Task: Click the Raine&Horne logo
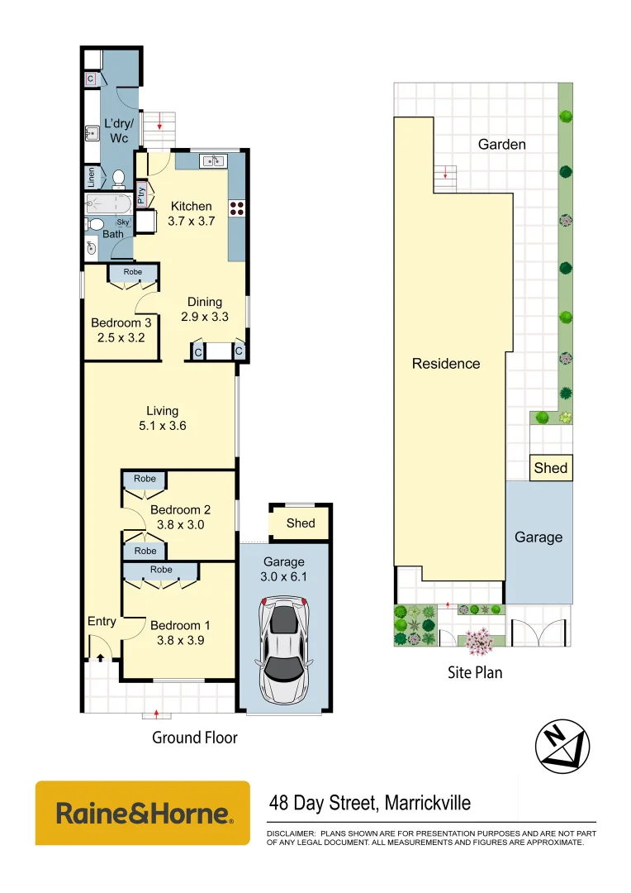143,813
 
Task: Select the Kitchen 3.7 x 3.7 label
191,213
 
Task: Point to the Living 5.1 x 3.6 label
163,418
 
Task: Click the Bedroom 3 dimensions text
121,337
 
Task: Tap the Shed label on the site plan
550,468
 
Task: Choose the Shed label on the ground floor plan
301,523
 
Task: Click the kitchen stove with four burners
238,208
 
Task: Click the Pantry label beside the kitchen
141,194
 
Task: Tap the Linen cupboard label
91,177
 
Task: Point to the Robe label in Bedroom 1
161,570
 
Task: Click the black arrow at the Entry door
100,657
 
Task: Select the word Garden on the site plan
501,145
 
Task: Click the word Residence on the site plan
446,363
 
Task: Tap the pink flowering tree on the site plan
478,640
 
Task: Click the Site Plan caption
475,672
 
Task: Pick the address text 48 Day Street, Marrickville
370,802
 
